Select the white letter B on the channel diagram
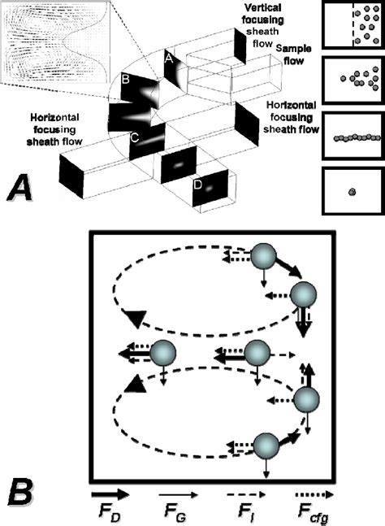(x=126, y=80)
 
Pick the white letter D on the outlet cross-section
(x=197, y=184)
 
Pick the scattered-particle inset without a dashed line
(x=351, y=80)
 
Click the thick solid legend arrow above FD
(x=111, y=493)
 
